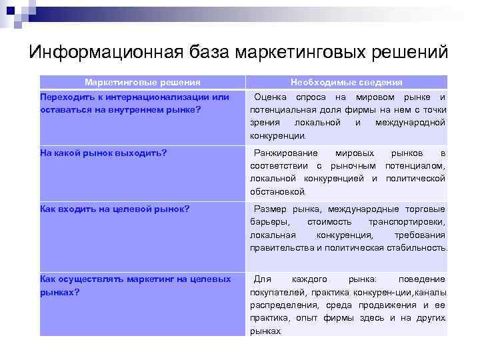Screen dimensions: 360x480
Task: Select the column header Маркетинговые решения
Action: tap(143, 82)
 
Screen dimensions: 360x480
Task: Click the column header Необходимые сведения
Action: tap(347, 82)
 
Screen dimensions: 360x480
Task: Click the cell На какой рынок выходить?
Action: tap(103, 153)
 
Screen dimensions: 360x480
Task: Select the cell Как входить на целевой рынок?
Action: tap(115, 209)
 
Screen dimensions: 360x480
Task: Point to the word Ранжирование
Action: tap(287, 153)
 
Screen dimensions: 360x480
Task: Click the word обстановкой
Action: tap(277, 191)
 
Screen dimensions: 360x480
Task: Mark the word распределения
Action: tap(280, 305)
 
